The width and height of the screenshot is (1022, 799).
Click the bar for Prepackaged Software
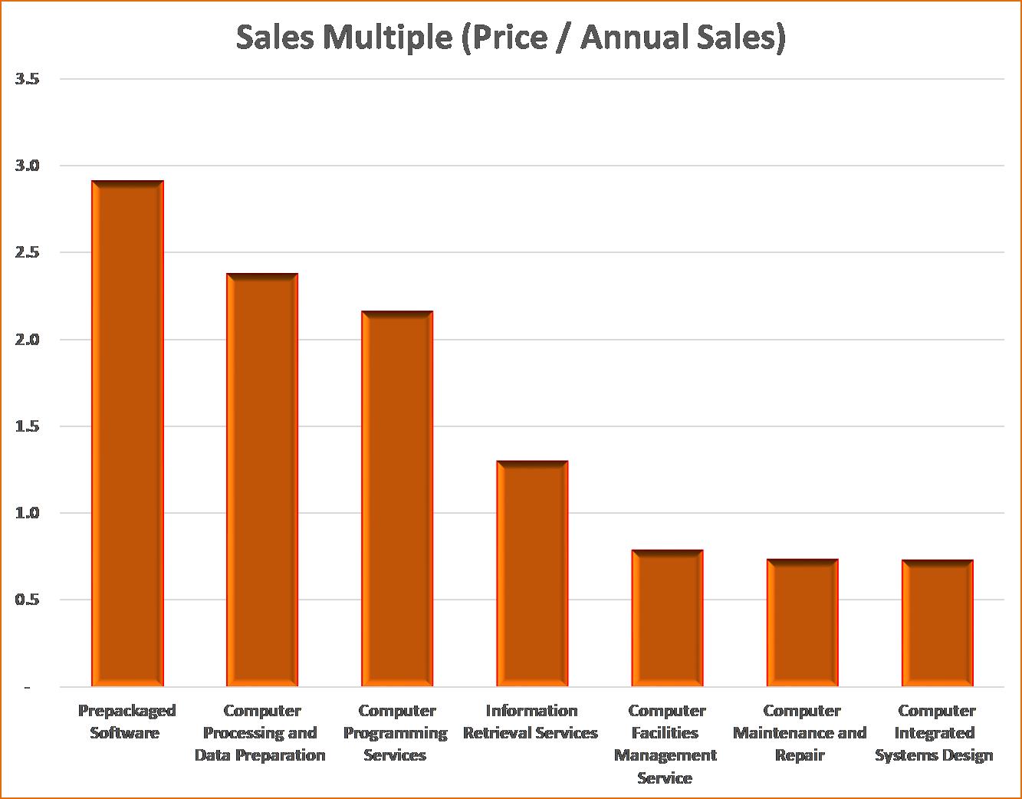[127, 433]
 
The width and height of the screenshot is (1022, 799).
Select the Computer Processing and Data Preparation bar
[262, 479]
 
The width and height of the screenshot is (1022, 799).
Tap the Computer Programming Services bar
[397, 498]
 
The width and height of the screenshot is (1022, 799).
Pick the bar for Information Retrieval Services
[532, 573]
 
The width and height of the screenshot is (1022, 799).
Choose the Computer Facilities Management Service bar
[667, 617]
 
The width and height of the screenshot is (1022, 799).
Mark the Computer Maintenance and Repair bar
[802, 622]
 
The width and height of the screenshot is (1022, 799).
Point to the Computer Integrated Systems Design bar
[937, 623]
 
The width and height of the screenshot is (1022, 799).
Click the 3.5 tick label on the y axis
[27, 79]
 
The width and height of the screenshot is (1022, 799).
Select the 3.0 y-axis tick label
[27, 166]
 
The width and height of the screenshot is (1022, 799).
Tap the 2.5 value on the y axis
[27, 252]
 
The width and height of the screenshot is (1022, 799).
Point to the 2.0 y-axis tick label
[27, 340]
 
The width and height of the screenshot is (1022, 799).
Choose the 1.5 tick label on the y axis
[27, 426]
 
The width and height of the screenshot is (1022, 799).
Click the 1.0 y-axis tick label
[27, 513]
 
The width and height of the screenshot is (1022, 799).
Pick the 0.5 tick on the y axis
[27, 600]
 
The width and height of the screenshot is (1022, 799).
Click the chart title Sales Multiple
[511, 37]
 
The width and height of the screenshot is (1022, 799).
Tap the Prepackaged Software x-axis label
[127, 722]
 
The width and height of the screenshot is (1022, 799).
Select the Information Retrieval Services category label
[531, 722]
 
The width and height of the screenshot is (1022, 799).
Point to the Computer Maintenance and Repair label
[800, 732]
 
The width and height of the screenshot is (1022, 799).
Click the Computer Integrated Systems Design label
[935, 732]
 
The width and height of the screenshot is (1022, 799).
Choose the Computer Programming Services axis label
[396, 732]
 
